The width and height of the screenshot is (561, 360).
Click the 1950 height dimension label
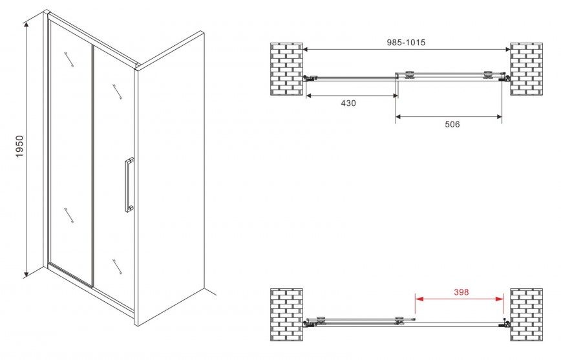click(x=19, y=146)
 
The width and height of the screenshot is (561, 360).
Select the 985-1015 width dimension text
click(x=406, y=42)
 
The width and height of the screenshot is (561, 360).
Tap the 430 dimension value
click(x=348, y=103)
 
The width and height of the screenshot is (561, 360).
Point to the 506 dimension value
click(x=452, y=124)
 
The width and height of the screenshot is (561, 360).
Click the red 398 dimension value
click(x=461, y=292)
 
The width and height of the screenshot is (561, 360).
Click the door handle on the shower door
click(x=129, y=185)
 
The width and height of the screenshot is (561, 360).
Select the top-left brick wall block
click(x=286, y=69)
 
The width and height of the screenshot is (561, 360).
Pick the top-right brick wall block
click(x=526, y=69)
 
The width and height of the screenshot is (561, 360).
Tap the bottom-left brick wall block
click(x=286, y=315)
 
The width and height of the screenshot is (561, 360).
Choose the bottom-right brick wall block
click(x=526, y=315)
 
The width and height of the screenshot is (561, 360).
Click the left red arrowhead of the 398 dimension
click(x=419, y=299)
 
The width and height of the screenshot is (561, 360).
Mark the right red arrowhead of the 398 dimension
click(x=500, y=299)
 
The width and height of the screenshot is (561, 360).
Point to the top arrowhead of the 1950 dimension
click(x=26, y=25)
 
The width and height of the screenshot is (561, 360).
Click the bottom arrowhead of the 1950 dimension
click(x=26, y=274)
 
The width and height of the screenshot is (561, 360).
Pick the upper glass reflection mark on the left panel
click(x=69, y=59)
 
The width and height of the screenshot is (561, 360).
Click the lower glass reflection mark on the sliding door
click(x=117, y=266)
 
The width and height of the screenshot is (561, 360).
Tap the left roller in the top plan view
click(x=410, y=75)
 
